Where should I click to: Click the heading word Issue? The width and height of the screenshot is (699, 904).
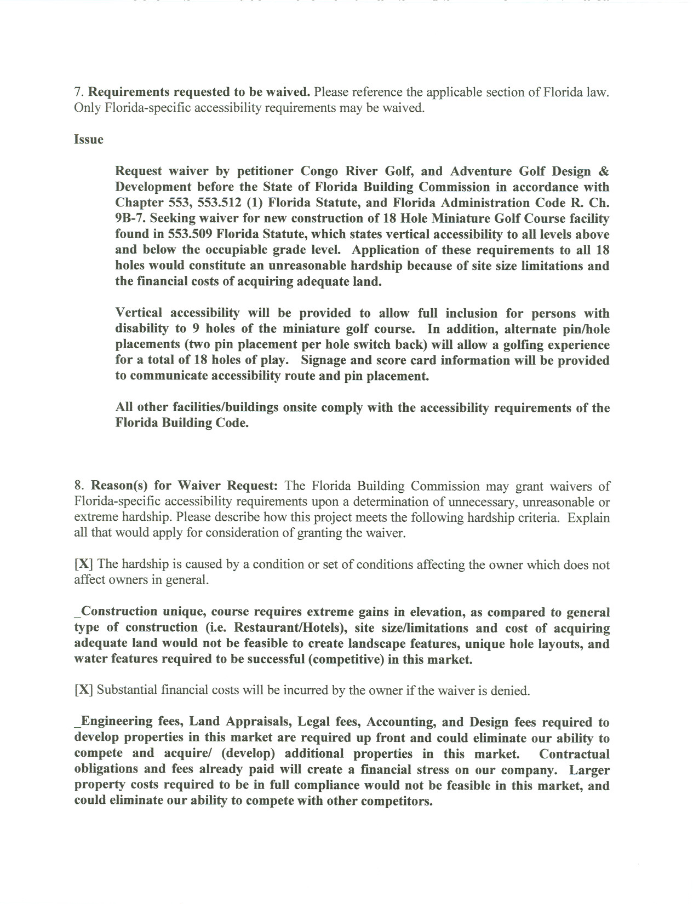pos(89,140)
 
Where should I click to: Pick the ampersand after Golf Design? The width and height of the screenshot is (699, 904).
pos(604,171)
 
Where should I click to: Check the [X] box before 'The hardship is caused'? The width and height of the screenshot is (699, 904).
pos(83,565)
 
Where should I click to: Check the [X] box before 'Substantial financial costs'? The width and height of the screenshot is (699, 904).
pos(83,691)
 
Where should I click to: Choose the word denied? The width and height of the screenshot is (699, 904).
pos(512,691)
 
